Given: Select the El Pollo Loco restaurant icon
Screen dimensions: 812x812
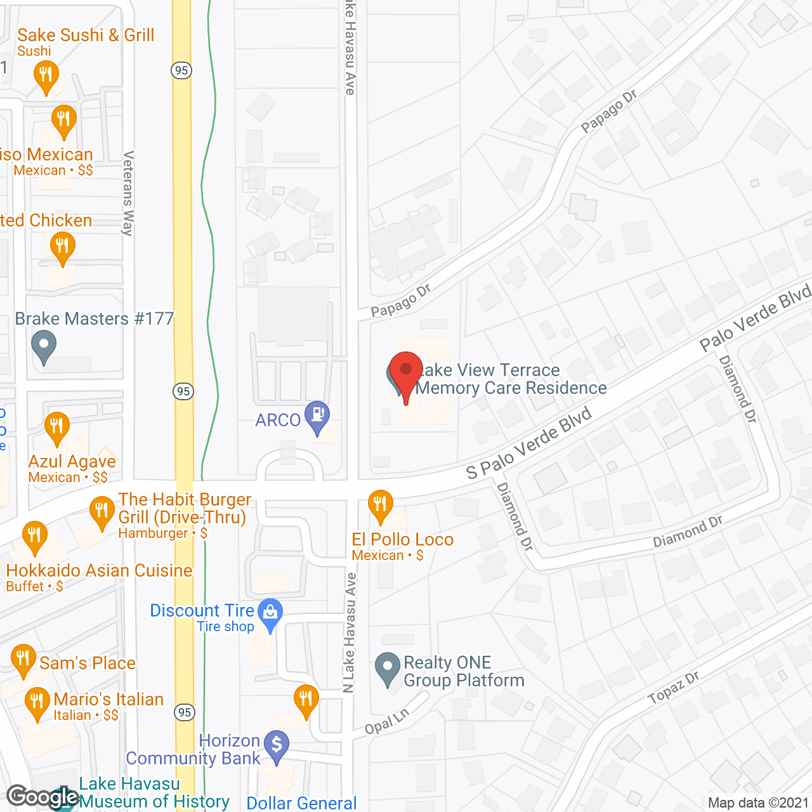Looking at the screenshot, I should click(x=380, y=505).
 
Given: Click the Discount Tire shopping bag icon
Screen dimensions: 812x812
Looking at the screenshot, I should click(x=271, y=613).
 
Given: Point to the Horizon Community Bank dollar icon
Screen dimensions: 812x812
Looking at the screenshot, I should click(x=277, y=745).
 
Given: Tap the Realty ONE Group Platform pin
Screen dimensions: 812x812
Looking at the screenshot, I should click(x=387, y=667).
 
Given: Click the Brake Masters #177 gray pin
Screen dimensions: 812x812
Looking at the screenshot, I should click(x=44, y=346).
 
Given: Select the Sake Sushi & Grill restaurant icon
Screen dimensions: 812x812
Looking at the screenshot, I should click(x=46, y=75).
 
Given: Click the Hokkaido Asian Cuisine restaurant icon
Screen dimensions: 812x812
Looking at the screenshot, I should click(x=35, y=537).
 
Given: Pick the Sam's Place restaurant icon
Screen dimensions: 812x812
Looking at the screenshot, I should click(x=23, y=660).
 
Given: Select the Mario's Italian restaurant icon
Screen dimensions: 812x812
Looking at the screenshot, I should click(x=37, y=702).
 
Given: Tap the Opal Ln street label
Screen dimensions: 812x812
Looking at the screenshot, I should click(x=387, y=721).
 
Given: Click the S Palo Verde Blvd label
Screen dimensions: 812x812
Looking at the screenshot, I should click(x=528, y=443).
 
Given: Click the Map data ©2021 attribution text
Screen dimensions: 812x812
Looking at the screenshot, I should click(x=758, y=802).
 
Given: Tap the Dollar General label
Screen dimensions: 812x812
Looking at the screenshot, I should click(x=302, y=802).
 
